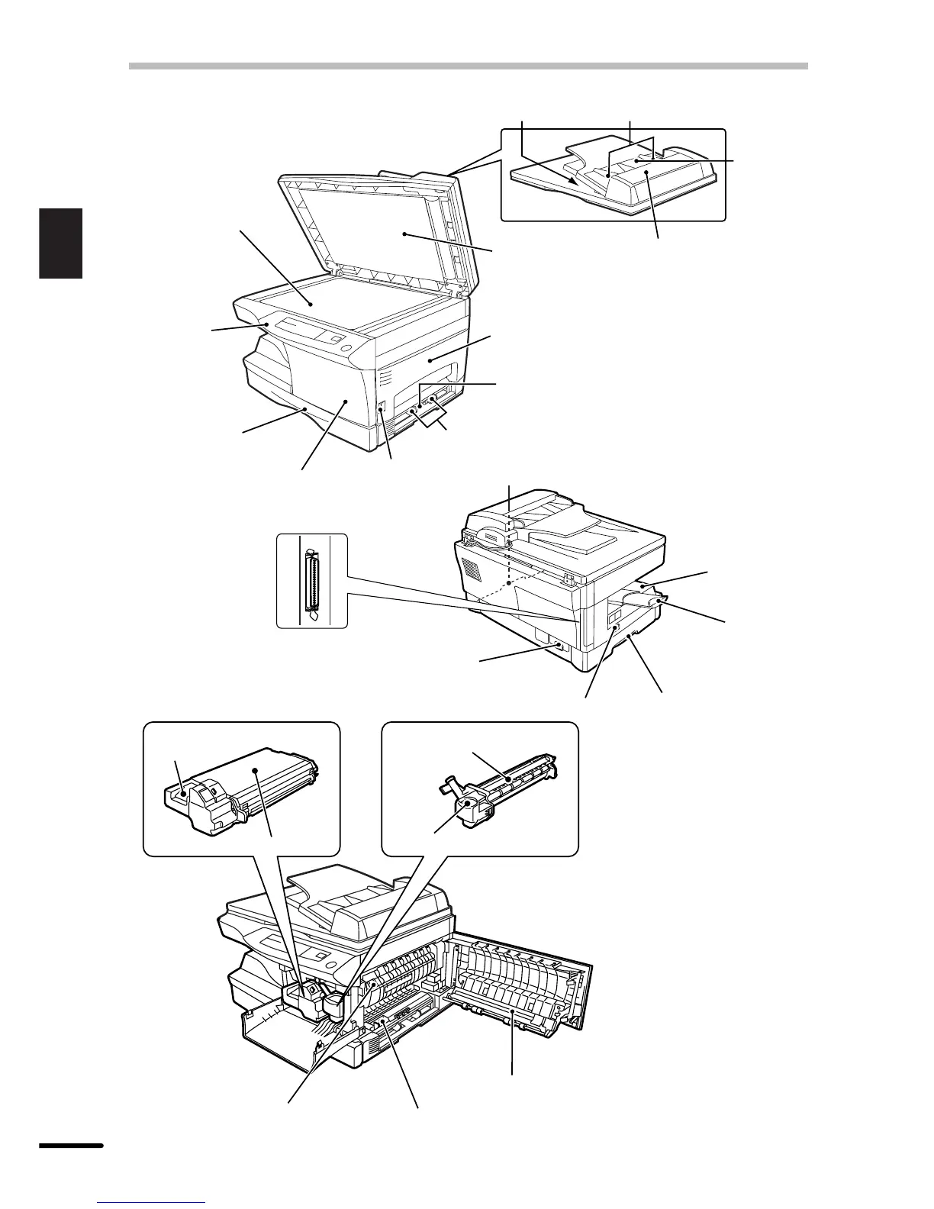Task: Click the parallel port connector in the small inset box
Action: click(x=311, y=582)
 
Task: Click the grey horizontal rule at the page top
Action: click(x=468, y=66)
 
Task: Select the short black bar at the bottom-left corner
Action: click(x=70, y=1145)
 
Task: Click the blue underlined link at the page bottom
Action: click(x=153, y=1204)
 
